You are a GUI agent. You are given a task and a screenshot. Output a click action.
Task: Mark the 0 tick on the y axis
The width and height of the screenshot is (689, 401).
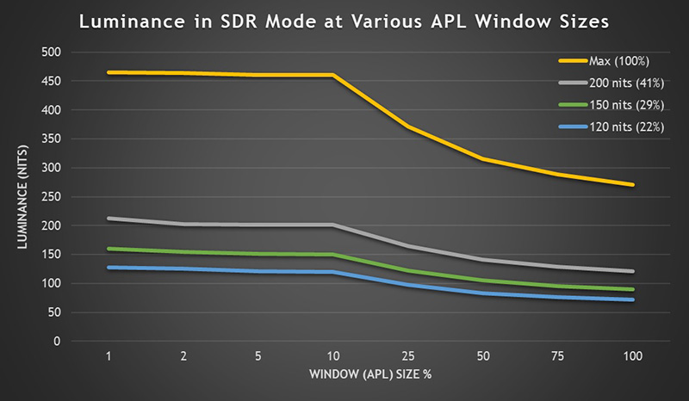(58, 342)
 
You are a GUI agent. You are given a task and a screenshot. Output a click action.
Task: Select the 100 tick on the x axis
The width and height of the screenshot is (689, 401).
(633, 355)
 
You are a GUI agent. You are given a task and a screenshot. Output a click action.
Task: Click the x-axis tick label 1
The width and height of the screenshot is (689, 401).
(109, 355)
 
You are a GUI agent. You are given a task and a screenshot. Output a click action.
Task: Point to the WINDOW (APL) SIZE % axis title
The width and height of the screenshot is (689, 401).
(370, 374)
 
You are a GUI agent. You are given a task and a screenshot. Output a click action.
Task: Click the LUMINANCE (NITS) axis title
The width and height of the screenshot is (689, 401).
(19, 196)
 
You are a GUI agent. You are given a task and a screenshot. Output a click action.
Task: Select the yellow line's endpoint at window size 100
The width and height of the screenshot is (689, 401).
(633, 184)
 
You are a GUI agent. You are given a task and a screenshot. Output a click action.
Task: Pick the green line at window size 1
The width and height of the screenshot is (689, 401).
(109, 249)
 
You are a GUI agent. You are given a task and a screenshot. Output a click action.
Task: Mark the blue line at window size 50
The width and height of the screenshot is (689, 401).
(483, 293)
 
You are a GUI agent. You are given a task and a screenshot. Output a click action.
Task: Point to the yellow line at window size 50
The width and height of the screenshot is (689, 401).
(483, 159)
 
